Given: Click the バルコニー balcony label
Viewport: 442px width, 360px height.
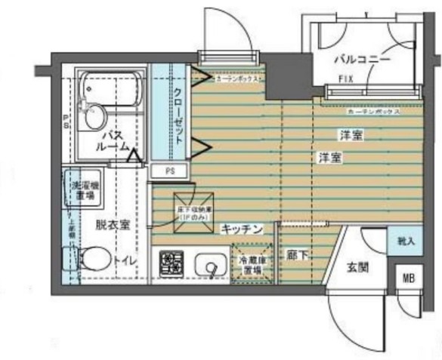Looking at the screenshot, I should click(x=363, y=59).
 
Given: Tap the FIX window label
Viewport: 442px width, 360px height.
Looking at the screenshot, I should click(x=345, y=78).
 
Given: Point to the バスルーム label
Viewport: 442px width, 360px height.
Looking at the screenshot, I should click(x=113, y=140).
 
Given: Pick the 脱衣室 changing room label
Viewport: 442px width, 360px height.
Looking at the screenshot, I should click(x=111, y=224).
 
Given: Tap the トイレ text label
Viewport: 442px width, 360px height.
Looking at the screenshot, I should click(x=125, y=260).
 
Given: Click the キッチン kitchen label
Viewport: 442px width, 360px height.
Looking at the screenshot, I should click(x=242, y=227).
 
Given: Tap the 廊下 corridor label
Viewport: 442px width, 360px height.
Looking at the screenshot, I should click(x=295, y=256).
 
